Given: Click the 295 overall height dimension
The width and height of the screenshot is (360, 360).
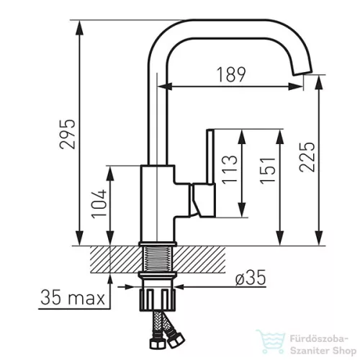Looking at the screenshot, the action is pyautogui.click(x=68, y=134).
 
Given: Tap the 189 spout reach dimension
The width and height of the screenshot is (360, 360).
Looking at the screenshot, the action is pyautogui.click(x=231, y=74).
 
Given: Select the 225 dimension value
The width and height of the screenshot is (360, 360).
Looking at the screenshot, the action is pyautogui.click(x=307, y=157).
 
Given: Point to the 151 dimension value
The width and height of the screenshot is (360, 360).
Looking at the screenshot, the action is pyautogui.click(x=268, y=171).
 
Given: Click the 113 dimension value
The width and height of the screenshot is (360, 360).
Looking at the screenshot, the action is pyautogui.click(x=230, y=170).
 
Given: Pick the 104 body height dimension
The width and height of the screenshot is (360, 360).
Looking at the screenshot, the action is pyautogui.click(x=99, y=204).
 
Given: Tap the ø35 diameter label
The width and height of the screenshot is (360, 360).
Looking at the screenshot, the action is pyautogui.click(x=251, y=277).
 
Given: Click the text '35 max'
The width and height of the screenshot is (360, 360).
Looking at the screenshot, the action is pyautogui.click(x=73, y=297).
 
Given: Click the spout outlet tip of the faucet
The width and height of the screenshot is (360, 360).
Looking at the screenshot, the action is pyautogui.click(x=303, y=72).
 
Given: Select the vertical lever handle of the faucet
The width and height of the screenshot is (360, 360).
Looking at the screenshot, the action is pyautogui.click(x=210, y=157).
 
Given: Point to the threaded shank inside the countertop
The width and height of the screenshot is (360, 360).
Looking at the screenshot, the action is pyautogui.click(x=158, y=259).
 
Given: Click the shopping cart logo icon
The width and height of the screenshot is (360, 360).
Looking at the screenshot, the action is pyautogui.click(x=271, y=341).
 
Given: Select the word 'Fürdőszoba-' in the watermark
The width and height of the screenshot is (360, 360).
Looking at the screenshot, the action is pyautogui.click(x=319, y=339).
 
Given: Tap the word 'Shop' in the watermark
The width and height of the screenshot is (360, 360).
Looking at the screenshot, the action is pyautogui.click(x=344, y=351).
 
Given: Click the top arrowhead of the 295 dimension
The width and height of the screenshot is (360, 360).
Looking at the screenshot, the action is pyautogui.click(x=79, y=28).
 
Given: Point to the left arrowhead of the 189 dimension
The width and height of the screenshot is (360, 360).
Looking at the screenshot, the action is pyautogui.click(x=165, y=86).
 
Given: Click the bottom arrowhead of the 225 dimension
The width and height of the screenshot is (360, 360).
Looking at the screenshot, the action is pyautogui.click(x=319, y=238).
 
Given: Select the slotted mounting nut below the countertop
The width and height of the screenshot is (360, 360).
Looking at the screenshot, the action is pyautogui.click(x=158, y=300).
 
